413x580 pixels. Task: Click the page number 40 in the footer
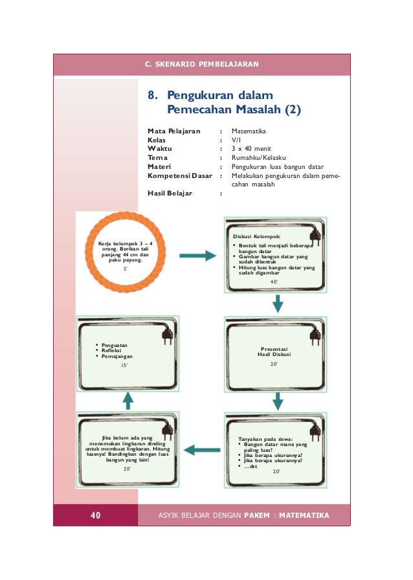point(95,515)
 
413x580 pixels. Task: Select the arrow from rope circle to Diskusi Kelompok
point(197,256)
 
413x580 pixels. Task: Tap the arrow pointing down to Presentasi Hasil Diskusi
point(277,302)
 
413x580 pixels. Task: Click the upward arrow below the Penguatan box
point(128,400)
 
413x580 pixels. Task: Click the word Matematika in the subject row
point(249,131)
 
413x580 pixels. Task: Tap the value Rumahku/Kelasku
point(259,157)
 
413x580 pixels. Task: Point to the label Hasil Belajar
point(170,193)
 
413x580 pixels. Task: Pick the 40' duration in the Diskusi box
point(274,282)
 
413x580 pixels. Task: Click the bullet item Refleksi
point(111,351)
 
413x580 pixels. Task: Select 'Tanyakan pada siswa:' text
point(265,439)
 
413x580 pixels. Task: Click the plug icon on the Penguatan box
point(164,336)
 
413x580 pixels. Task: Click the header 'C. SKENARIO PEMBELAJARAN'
point(202,65)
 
